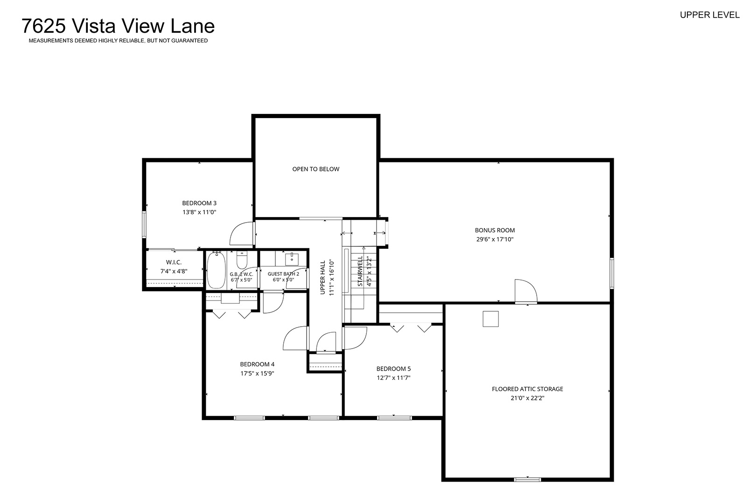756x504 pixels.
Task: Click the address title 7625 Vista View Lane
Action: click(118, 26)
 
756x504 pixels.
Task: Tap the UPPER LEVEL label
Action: click(709, 15)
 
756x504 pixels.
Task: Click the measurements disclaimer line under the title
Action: click(118, 41)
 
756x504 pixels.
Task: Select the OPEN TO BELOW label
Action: click(315, 169)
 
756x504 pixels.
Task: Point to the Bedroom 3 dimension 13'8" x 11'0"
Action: click(199, 212)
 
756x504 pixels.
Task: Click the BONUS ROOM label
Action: click(495, 231)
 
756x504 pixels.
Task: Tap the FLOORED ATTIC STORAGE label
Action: click(527, 389)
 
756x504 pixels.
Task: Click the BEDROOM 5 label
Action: click(393, 369)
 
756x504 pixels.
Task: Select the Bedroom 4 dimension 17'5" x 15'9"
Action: click(257, 374)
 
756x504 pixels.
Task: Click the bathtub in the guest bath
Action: click(216, 270)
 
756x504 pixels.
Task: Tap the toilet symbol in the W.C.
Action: click(242, 260)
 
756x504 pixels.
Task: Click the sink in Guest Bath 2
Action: click(292, 259)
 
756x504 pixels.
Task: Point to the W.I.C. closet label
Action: click(174, 262)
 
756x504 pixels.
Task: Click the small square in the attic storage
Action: click(491, 319)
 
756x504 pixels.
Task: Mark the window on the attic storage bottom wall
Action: click(527, 480)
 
